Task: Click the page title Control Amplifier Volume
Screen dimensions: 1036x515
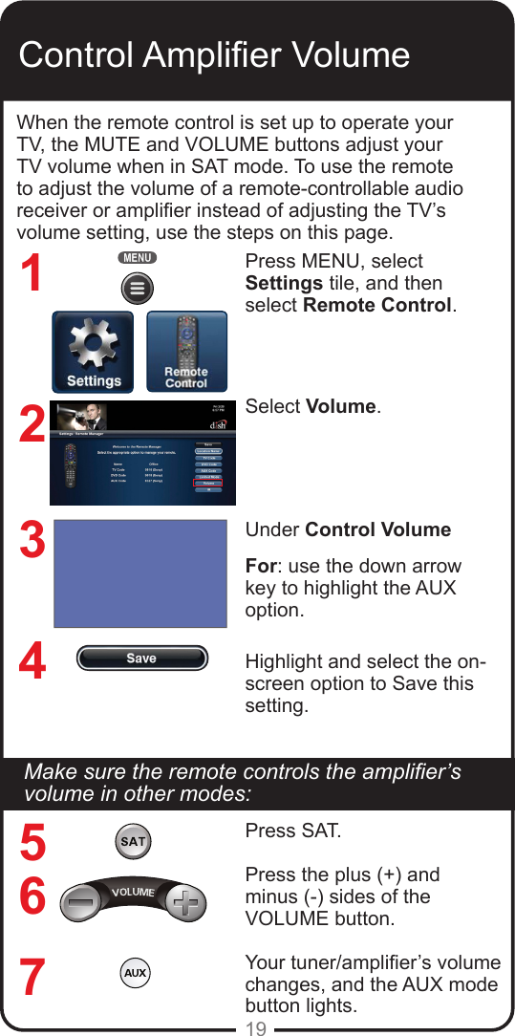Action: pyautogui.click(x=214, y=54)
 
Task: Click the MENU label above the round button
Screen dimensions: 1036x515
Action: pyautogui.click(x=138, y=258)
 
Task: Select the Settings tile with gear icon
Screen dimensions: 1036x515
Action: pyautogui.click(x=95, y=352)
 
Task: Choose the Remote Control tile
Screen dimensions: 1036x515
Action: pyautogui.click(x=186, y=352)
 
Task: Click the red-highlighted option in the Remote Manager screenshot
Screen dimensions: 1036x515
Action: pyautogui.click(x=207, y=484)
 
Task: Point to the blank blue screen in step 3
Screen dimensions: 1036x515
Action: pyautogui.click(x=140, y=573)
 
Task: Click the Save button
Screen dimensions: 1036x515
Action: pyautogui.click(x=141, y=658)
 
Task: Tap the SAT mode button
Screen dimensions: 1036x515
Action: pyautogui.click(x=133, y=842)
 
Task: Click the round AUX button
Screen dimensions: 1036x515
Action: pyautogui.click(x=135, y=973)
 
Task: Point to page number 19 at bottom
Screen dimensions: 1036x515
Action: pyautogui.click(x=256, y=1028)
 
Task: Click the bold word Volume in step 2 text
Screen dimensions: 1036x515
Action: pyautogui.click(x=341, y=406)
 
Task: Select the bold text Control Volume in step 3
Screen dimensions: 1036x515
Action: pyautogui.click(x=378, y=529)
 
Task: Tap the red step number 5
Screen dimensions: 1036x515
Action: pyautogui.click(x=32, y=844)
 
